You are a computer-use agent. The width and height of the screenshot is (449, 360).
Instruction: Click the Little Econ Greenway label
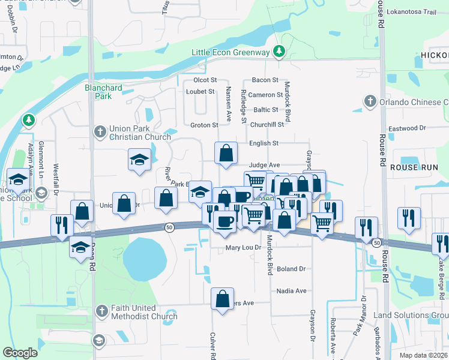tap(231, 52)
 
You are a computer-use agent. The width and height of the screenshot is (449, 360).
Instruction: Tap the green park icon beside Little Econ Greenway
tap(279, 52)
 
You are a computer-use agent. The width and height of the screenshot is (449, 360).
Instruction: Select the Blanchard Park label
tap(103, 92)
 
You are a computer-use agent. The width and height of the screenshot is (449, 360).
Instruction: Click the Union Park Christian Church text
tap(140, 133)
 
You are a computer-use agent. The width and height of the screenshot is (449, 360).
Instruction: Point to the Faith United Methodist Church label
tap(144, 312)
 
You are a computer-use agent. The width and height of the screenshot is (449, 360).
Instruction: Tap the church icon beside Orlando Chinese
tap(370, 102)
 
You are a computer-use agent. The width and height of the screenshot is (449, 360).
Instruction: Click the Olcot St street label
tap(205, 80)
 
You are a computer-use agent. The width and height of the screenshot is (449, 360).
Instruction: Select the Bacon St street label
tap(265, 80)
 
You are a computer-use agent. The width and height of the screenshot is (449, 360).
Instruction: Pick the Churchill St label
tap(267, 125)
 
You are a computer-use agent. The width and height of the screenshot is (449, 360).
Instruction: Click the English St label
tap(264, 143)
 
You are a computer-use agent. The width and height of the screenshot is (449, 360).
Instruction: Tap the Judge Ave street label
tap(265, 165)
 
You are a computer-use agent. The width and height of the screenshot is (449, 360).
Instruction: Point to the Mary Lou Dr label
tap(244, 247)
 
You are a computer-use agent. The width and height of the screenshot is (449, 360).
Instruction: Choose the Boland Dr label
tap(291, 269)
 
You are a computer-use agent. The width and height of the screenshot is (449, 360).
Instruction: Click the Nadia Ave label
tap(291, 291)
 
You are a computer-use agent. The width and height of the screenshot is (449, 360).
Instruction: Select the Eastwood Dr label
tap(407, 128)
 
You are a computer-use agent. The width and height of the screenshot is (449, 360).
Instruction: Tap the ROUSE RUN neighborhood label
tap(411, 167)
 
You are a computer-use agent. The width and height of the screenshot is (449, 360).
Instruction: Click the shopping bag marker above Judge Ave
tap(226, 153)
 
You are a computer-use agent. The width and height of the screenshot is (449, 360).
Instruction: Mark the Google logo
tap(20, 353)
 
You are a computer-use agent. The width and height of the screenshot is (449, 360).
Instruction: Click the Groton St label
tap(203, 125)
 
